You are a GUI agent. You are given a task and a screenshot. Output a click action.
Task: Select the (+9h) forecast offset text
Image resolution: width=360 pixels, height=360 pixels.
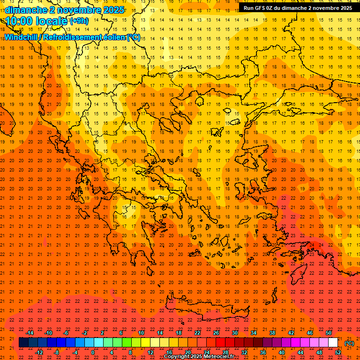[x=78, y=21]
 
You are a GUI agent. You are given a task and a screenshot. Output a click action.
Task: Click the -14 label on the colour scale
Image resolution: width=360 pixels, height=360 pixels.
[x=30, y=333]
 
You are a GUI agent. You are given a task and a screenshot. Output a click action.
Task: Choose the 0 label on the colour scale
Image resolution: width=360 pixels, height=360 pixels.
[x=93, y=352]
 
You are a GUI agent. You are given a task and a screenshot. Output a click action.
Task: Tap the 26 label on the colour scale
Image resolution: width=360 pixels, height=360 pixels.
[x=216, y=333]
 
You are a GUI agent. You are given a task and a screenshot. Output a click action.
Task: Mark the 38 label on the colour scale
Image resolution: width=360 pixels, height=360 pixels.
[x=272, y=333]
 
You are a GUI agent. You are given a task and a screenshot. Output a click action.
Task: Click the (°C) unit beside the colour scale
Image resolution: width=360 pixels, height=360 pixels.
[x=349, y=343]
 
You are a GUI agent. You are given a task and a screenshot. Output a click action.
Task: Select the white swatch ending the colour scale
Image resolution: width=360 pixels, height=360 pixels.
[x=333, y=343]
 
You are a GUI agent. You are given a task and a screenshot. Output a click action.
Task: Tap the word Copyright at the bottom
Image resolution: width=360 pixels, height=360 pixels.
[x=177, y=357]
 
